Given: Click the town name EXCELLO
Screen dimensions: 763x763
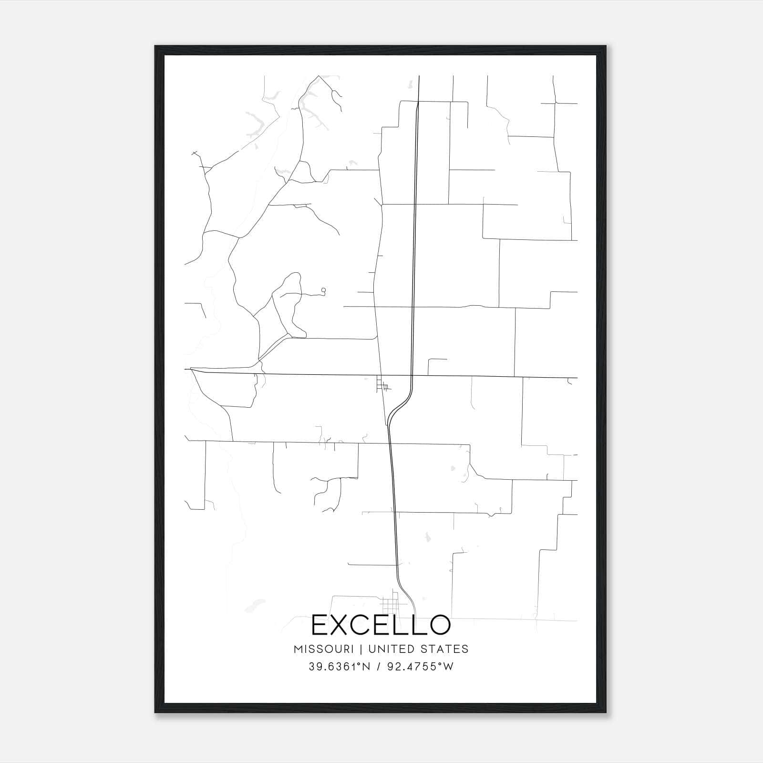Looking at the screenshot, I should pos(381,625).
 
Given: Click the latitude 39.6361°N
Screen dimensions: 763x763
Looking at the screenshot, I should pos(339,667).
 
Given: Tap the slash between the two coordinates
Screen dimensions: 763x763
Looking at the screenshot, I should pos(378,667).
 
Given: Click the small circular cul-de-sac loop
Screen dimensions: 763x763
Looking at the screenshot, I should pos(324,289).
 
